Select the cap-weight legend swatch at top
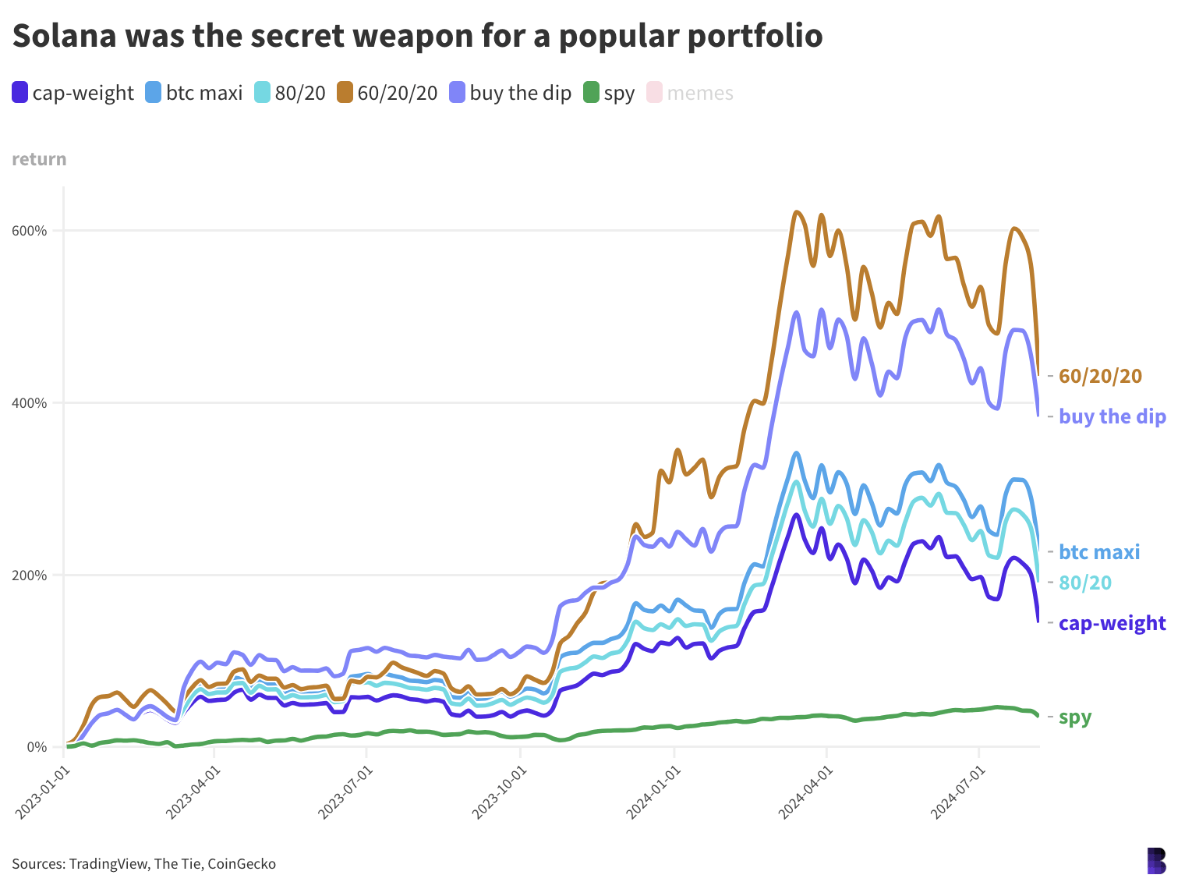click(20, 93)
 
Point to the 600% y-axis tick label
click(30, 231)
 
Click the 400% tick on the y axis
click(30, 403)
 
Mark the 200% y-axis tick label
click(30, 576)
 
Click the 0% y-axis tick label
click(37, 747)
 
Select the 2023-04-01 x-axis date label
click(193, 792)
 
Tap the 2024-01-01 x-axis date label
click(653, 792)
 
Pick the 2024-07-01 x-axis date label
click(958, 792)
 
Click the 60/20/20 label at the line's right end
click(1100, 376)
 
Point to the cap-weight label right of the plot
click(1112, 623)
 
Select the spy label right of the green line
click(1075, 717)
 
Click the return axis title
click(39, 159)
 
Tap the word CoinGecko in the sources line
click(242, 863)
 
